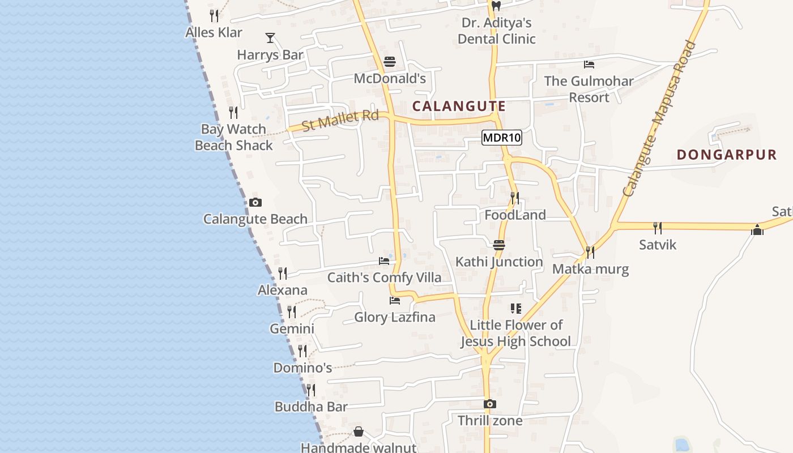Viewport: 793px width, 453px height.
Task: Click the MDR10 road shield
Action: [502, 138]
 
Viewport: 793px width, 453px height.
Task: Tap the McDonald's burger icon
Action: [390, 61]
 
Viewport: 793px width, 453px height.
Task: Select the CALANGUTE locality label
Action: [459, 106]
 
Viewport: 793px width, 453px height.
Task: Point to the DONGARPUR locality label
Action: [726, 155]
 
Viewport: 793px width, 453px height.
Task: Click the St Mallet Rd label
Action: [340, 121]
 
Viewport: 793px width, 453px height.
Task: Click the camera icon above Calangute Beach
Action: [255, 202]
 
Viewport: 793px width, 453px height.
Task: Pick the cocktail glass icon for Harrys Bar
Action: [270, 38]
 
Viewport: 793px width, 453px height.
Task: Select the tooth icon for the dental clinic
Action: [496, 6]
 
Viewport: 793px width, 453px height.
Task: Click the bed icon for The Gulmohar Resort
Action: [589, 65]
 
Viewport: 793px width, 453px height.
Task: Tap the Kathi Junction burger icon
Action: [499, 245]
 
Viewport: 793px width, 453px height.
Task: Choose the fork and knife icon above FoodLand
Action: [515, 198]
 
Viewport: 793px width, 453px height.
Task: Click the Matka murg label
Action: [590, 269]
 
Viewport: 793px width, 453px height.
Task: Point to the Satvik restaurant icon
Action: [658, 228]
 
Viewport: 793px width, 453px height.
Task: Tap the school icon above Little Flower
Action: [515, 309]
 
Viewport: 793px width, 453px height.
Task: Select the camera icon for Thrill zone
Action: [490, 404]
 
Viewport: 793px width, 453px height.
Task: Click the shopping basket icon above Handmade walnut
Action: [359, 432]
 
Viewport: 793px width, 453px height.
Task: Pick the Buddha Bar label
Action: [311, 407]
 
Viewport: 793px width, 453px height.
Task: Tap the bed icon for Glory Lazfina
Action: [395, 301]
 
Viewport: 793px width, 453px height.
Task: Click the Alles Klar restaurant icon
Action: [214, 15]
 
